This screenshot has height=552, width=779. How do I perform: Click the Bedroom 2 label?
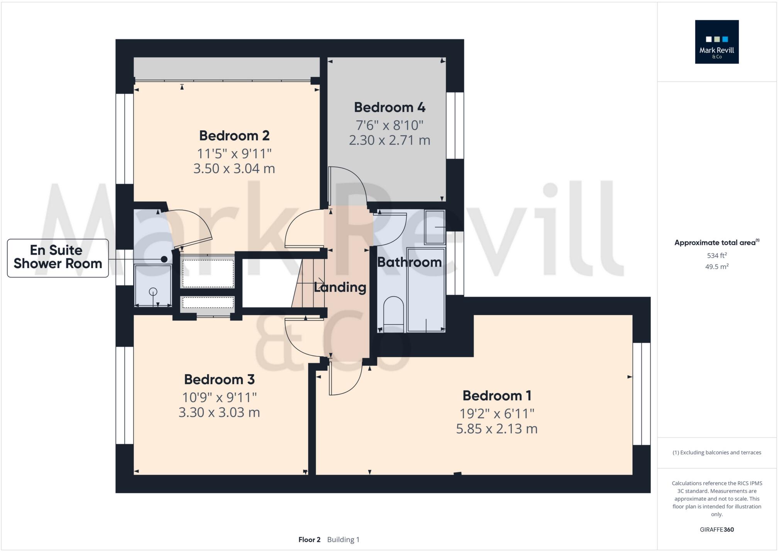click(x=234, y=136)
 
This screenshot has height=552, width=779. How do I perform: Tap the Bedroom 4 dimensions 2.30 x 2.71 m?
click(x=389, y=140)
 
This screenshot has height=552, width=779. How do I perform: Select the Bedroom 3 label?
click(x=219, y=380)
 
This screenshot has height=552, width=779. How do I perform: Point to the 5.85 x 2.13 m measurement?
click(x=496, y=429)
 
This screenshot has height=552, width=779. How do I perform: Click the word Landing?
click(x=340, y=287)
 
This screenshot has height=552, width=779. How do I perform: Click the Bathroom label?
click(x=409, y=262)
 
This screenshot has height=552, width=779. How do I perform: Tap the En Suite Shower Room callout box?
click(x=58, y=258)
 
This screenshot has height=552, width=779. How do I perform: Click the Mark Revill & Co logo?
click(x=716, y=42)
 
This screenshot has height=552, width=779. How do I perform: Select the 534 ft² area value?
click(x=716, y=255)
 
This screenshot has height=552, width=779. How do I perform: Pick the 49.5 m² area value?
click(x=716, y=267)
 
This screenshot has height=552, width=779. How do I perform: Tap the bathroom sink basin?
click(x=435, y=227)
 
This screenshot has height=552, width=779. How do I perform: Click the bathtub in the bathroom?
click(x=426, y=289)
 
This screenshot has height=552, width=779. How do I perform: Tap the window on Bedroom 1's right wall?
click(x=641, y=393)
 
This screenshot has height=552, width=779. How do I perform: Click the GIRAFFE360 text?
click(x=716, y=530)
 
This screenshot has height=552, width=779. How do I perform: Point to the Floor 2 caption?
click(x=309, y=540)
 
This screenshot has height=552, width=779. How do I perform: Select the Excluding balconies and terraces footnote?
click(x=716, y=452)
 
